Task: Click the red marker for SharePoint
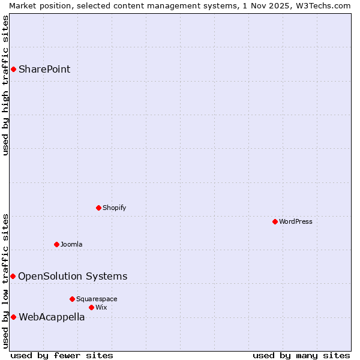[x=13, y=69]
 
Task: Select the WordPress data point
[x=275, y=221]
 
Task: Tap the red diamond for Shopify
[x=98, y=208]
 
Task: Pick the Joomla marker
[x=56, y=244]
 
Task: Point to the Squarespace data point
[x=72, y=299]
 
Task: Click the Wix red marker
[x=91, y=307]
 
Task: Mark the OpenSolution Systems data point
[x=13, y=276]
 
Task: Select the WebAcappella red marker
[x=13, y=317]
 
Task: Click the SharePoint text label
[x=44, y=69]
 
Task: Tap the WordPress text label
[x=296, y=221]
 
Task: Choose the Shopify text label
[x=114, y=208]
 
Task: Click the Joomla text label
[x=71, y=244]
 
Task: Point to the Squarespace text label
[x=97, y=299]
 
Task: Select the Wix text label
[x=101, y=307]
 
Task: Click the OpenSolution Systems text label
[x=73, y=276]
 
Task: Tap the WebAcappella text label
[x=52, y=317]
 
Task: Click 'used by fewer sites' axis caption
[x=62, y=355]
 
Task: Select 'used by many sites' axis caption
[x=301, y=355]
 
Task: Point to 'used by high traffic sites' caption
[x=5, y=85]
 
